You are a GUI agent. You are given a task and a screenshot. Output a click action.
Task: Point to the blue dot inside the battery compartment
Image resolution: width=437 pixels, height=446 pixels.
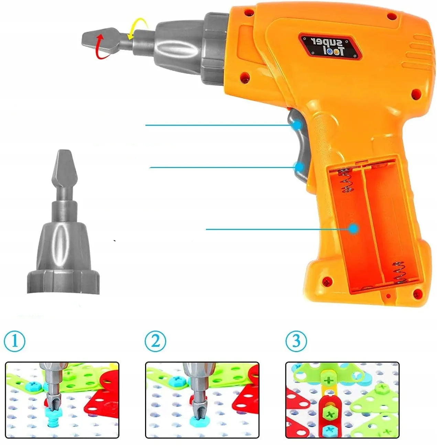click(353, 229)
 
